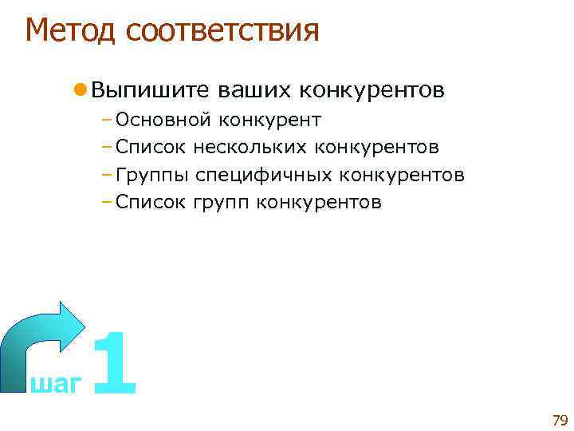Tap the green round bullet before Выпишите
(81, 89)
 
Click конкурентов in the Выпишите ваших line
(372, 90)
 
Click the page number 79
(558, 421)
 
